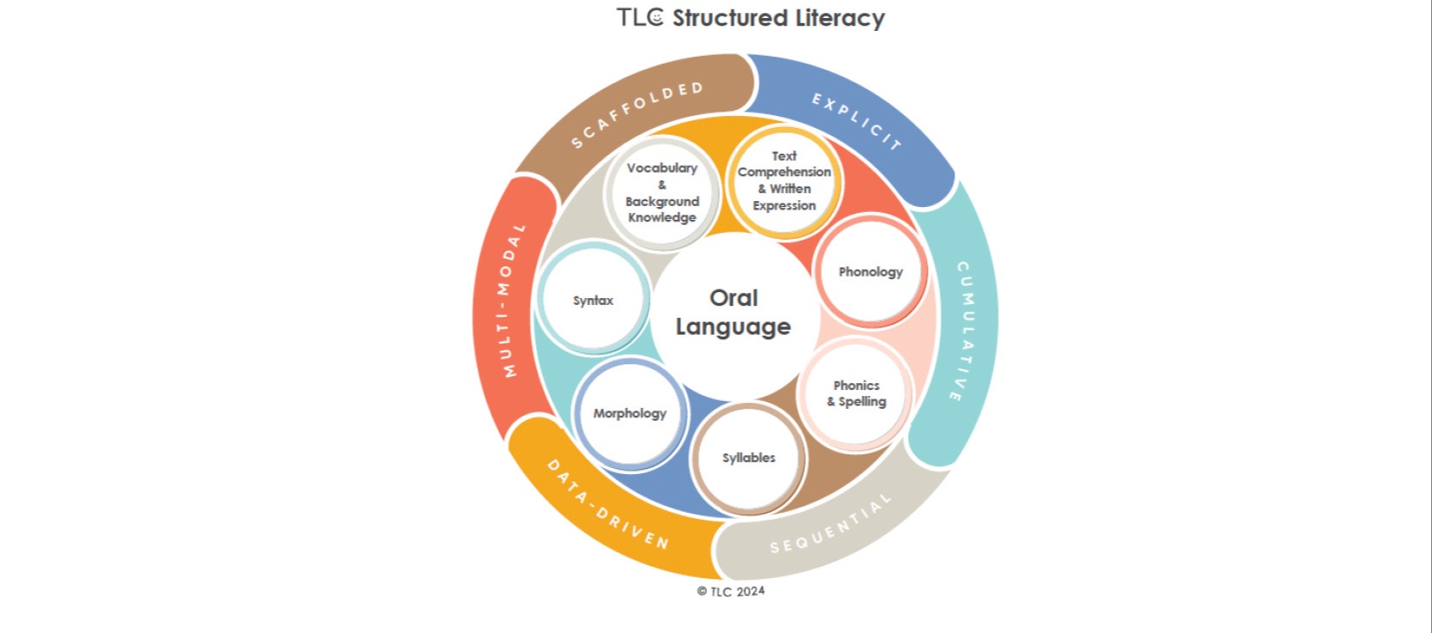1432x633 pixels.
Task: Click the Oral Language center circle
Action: [733, 313]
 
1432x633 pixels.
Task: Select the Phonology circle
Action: [870, 271]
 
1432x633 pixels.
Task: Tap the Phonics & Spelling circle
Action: [856, 393]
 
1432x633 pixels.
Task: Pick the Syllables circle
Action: [748, 458]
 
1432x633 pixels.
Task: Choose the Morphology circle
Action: [630, 413]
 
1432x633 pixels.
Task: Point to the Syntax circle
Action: [593, 301]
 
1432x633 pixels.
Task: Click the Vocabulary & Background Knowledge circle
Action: [661, 192]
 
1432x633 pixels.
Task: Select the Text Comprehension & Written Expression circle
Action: [784, 181]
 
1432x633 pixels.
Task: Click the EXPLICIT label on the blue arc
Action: [856, 121]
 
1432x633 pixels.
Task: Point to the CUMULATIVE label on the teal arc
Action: [966, 332]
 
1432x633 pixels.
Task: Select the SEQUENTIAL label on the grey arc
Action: [830, 525]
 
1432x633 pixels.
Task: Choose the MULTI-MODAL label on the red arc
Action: [512, 301]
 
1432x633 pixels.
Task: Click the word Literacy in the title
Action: [839, 18]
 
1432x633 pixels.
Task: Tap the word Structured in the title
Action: [729, 18]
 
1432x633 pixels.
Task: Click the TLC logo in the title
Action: [640, 18]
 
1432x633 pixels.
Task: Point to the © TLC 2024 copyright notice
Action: [731, 591]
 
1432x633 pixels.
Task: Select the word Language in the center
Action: [733, 327]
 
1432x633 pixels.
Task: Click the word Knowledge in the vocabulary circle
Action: [661, 217]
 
